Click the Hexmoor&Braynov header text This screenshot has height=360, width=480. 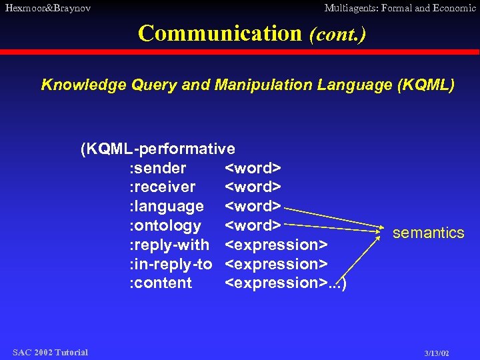(x=47, y=9)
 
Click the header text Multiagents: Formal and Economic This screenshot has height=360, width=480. (x=399, y=9)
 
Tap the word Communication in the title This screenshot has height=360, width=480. (x=220, y=33)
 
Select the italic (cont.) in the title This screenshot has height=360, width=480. (x=337, y=33)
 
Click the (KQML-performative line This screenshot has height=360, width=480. (x=157, y=148)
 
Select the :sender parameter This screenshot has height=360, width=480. (x=157, y=167)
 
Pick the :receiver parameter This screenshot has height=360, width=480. (x=162, y=187)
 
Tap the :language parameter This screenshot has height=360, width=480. (x=166, y=206)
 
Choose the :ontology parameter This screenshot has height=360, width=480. (x=165, y=225)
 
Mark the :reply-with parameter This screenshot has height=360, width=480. (x=169, y=245)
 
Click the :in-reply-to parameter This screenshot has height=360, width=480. (x=170, y=264)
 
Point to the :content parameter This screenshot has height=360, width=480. (x=160, y=283)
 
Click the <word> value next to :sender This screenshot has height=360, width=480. (x=253, y=167)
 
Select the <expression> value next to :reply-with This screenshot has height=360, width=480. (x=276, y=245)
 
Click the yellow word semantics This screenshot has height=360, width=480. (x=428, y=233)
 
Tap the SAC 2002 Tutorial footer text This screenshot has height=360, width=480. (x=50, y=352)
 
